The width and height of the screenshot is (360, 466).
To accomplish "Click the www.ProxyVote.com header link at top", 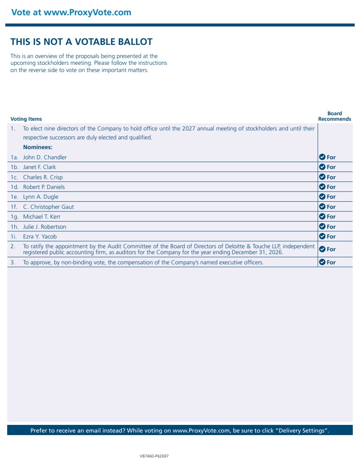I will (x=87, y=12).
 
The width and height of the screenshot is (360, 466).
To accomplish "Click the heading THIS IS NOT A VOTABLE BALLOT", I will (x=81, y=42).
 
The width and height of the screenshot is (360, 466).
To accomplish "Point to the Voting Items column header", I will (x=26, y=119).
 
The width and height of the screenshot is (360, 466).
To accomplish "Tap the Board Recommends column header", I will (x=335, y=116).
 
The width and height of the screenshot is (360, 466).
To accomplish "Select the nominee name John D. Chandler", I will (x=45, y=157).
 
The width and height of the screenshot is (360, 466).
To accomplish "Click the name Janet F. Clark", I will (x=39, y=167).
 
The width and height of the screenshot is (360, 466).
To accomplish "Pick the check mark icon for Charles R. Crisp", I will (x=322, y=177).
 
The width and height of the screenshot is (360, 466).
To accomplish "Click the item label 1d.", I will (x=14, y=187).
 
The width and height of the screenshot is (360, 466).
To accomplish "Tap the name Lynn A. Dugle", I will (x=41, y=197).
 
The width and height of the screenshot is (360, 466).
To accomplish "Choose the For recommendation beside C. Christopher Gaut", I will (x=331, y=207).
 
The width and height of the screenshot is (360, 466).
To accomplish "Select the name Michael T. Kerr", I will (x=42, y=216).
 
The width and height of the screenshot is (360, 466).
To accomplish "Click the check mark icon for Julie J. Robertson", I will (x=322, y=227).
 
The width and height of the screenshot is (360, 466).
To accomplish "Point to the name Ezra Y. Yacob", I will (x=40, y=236).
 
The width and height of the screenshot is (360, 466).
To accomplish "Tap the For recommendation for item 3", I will (x=331, y=262).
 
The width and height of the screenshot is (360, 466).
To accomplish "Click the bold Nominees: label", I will (x=38, y=147).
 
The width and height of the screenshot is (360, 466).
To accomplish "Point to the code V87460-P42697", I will (x=154, y=456).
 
